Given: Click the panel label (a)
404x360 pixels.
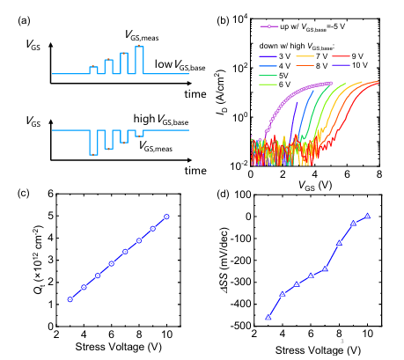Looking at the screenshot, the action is pyautogui.click(x=24, y=20).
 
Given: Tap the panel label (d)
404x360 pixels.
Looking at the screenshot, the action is pyautogui.click(x=223, y=194).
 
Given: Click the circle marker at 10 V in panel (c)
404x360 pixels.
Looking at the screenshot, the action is pyautogui.click(x=166, y=217).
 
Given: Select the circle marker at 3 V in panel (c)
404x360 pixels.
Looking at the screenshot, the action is pyautogui.click(x=70, y=299).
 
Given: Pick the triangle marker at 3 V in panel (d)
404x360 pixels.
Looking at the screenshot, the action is pyautogui.click(x=268, y=317).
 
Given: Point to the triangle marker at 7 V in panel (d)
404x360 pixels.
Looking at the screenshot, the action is pyautogui.click(x=325, y=268).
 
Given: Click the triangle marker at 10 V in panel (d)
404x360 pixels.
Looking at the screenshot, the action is pyautogui.click(x=367, y=216).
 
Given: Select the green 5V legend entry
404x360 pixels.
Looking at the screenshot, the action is pyautogui.click(x=274, y=76).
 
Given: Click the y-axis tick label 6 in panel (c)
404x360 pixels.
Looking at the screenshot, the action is pyautogui.click(x=51, y=194).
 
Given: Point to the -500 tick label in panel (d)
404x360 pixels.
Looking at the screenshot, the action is pyautogui.click(x=241, y=326).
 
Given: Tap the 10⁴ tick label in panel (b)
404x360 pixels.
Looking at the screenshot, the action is pyautogui.click(x=240, y=20).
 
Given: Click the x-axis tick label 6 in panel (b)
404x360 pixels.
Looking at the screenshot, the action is pyautogui.click(x=347, y=174).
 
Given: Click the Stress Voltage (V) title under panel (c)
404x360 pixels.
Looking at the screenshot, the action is pyautogui.click(x=119, y=347).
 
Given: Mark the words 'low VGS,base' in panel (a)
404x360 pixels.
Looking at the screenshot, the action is pyautogui.click(x=180, y=65).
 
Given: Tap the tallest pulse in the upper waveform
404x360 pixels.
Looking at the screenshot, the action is pyautogui.click(x=139, y=60).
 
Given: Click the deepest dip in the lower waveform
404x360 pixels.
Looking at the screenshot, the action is pyautogui.click(x=93, y=143).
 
